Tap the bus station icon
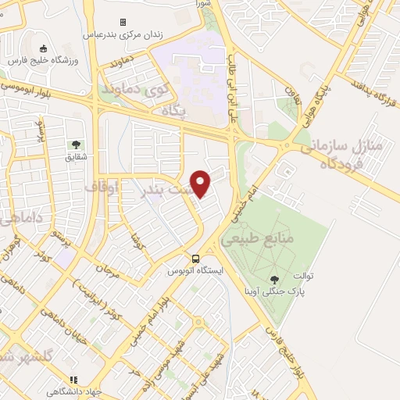[x=196, y=259]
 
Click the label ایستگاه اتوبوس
[x=195, y=271]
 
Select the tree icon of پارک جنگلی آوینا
[x=274, y=279]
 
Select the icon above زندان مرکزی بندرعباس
[x=122, y=22]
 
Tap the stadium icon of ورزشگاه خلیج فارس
[x=32, y=47]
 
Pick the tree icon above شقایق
[x=76, y=144]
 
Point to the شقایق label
[x=76, y=156]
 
